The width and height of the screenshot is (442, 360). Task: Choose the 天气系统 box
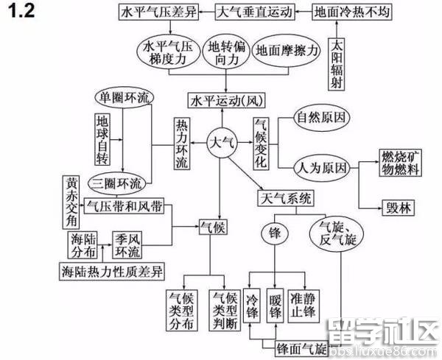(285, 199)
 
